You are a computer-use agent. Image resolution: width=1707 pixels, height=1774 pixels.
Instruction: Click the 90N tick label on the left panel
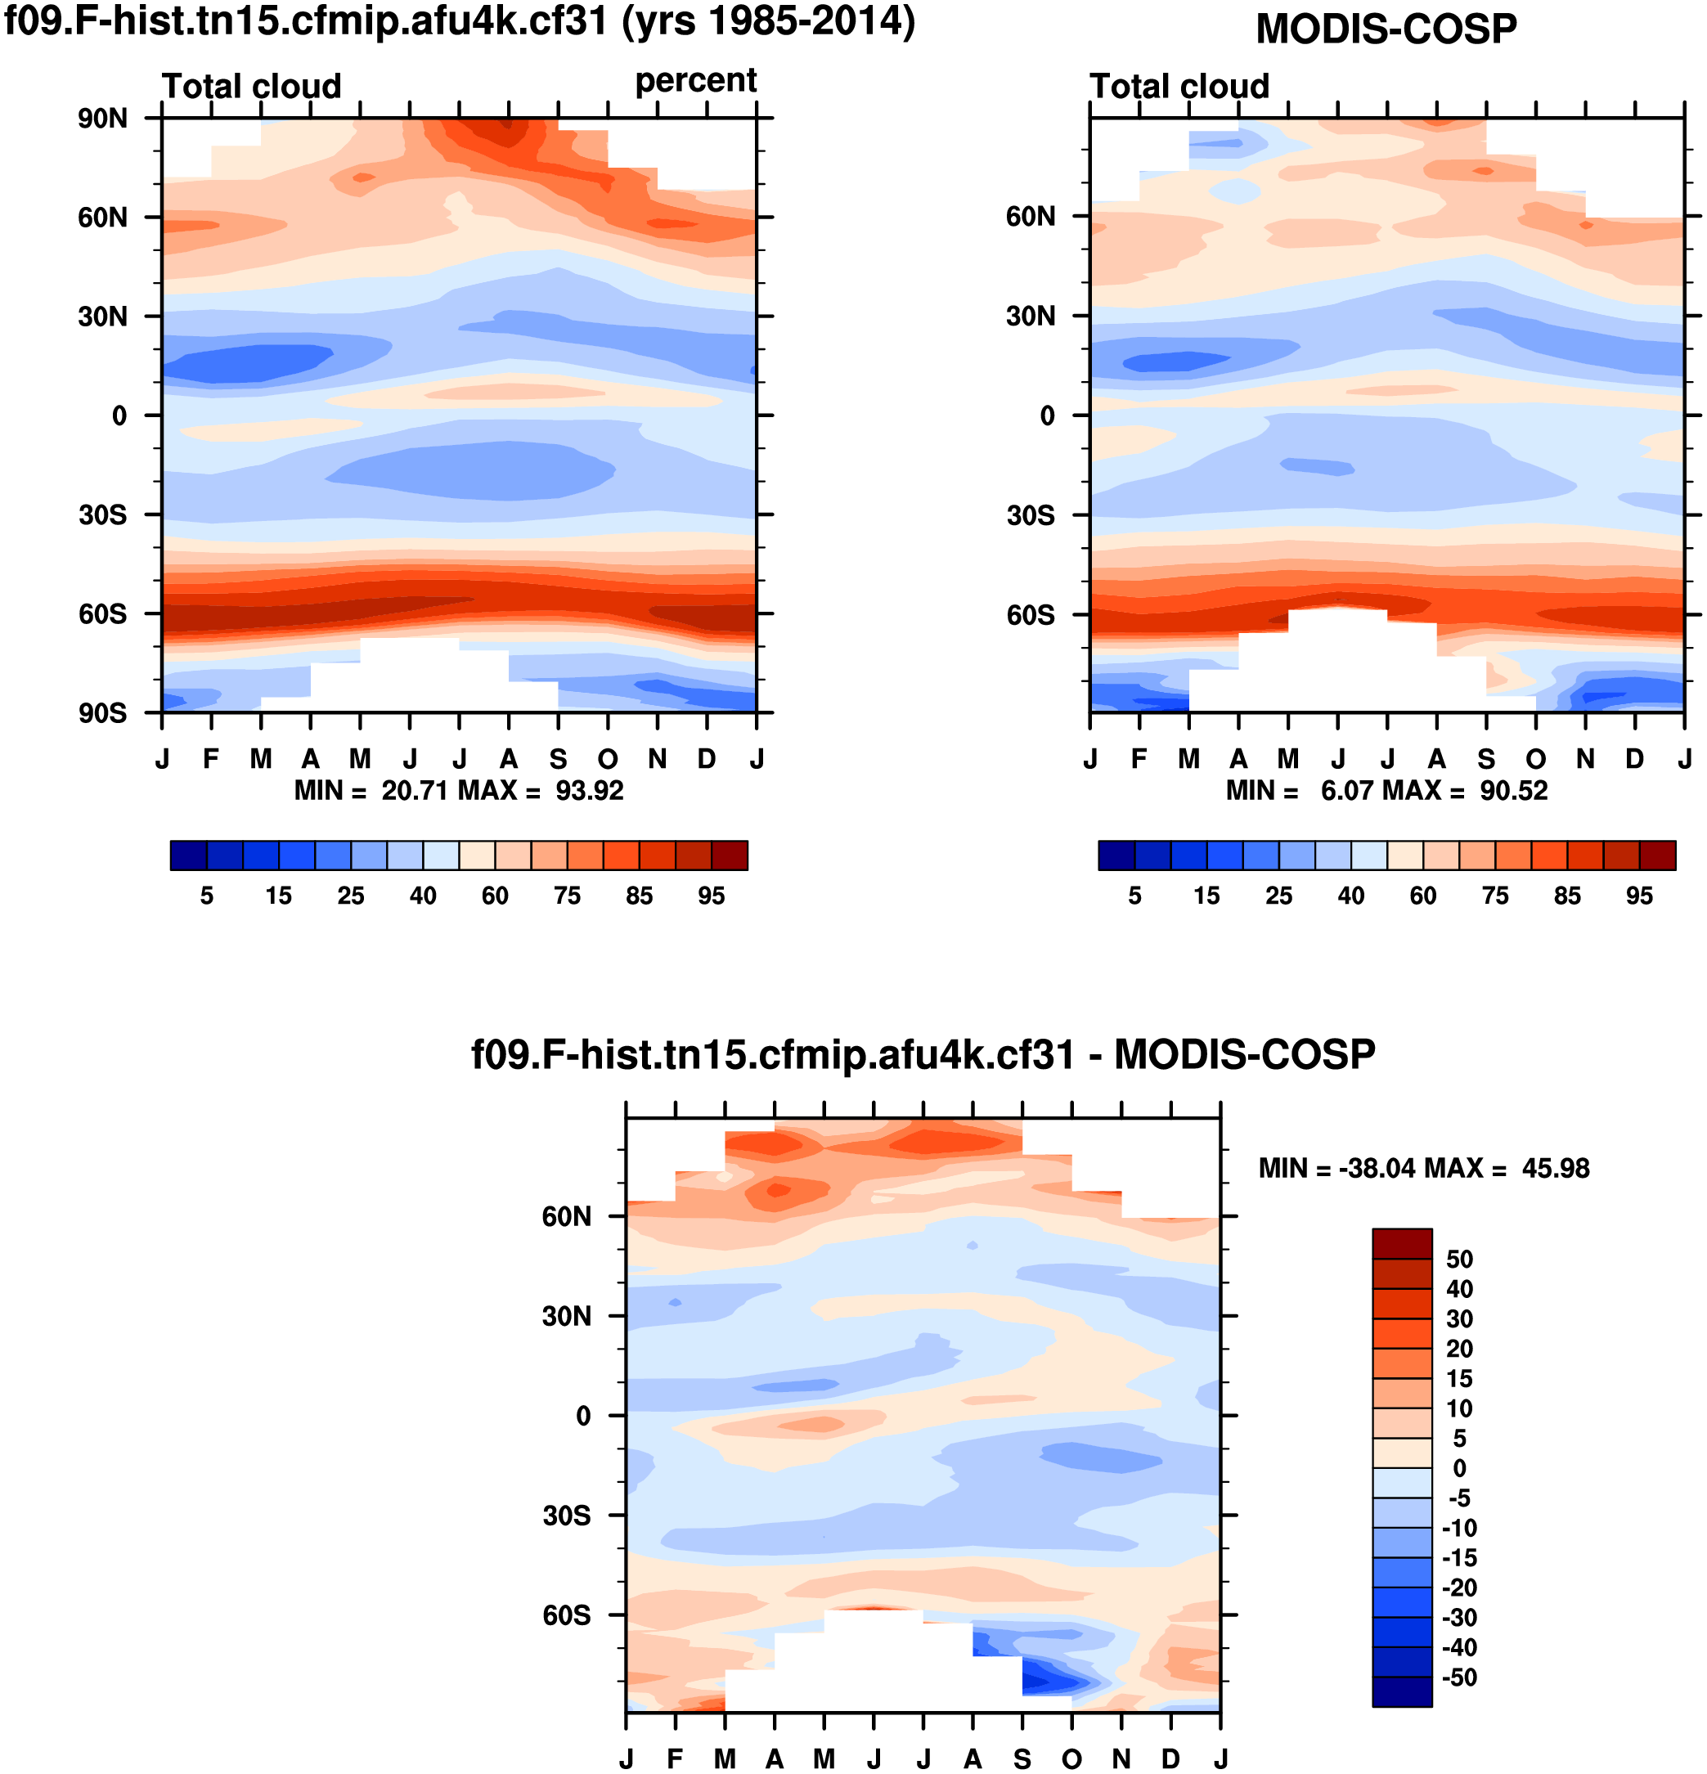tap(102, 119)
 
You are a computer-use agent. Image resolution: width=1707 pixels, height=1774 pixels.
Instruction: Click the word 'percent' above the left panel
tap(695, 80)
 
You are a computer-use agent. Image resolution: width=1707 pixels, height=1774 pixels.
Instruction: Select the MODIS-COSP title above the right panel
tap(1386, 29)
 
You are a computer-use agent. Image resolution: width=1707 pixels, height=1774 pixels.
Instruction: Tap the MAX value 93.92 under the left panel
tap(589, 791)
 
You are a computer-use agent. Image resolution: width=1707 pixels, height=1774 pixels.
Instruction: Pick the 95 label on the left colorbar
tap(712, 896)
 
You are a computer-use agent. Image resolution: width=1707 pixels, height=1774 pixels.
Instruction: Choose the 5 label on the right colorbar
tap(1134, 896)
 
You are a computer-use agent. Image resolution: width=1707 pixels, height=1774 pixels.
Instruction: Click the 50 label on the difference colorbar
tap(1459, 1259)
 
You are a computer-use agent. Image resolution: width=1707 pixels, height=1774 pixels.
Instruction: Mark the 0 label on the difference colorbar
tap(1459, 1468)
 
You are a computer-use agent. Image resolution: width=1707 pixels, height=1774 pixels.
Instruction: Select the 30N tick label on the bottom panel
tap(567, 1316)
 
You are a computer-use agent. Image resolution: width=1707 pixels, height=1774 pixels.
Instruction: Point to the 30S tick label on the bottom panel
tap(567, 1516)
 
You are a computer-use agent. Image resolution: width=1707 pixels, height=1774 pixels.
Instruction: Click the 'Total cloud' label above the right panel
tap(1179, 86)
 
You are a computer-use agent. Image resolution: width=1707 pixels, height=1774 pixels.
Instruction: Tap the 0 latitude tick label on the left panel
tap(119, 416)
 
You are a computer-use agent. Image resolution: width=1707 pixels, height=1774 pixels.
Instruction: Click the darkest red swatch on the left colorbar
tap(730, 856)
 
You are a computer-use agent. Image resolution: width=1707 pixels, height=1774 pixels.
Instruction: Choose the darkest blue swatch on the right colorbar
tap(1116, 856)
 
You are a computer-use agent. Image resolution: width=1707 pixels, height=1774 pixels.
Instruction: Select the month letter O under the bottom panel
tap(1071, 1758)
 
